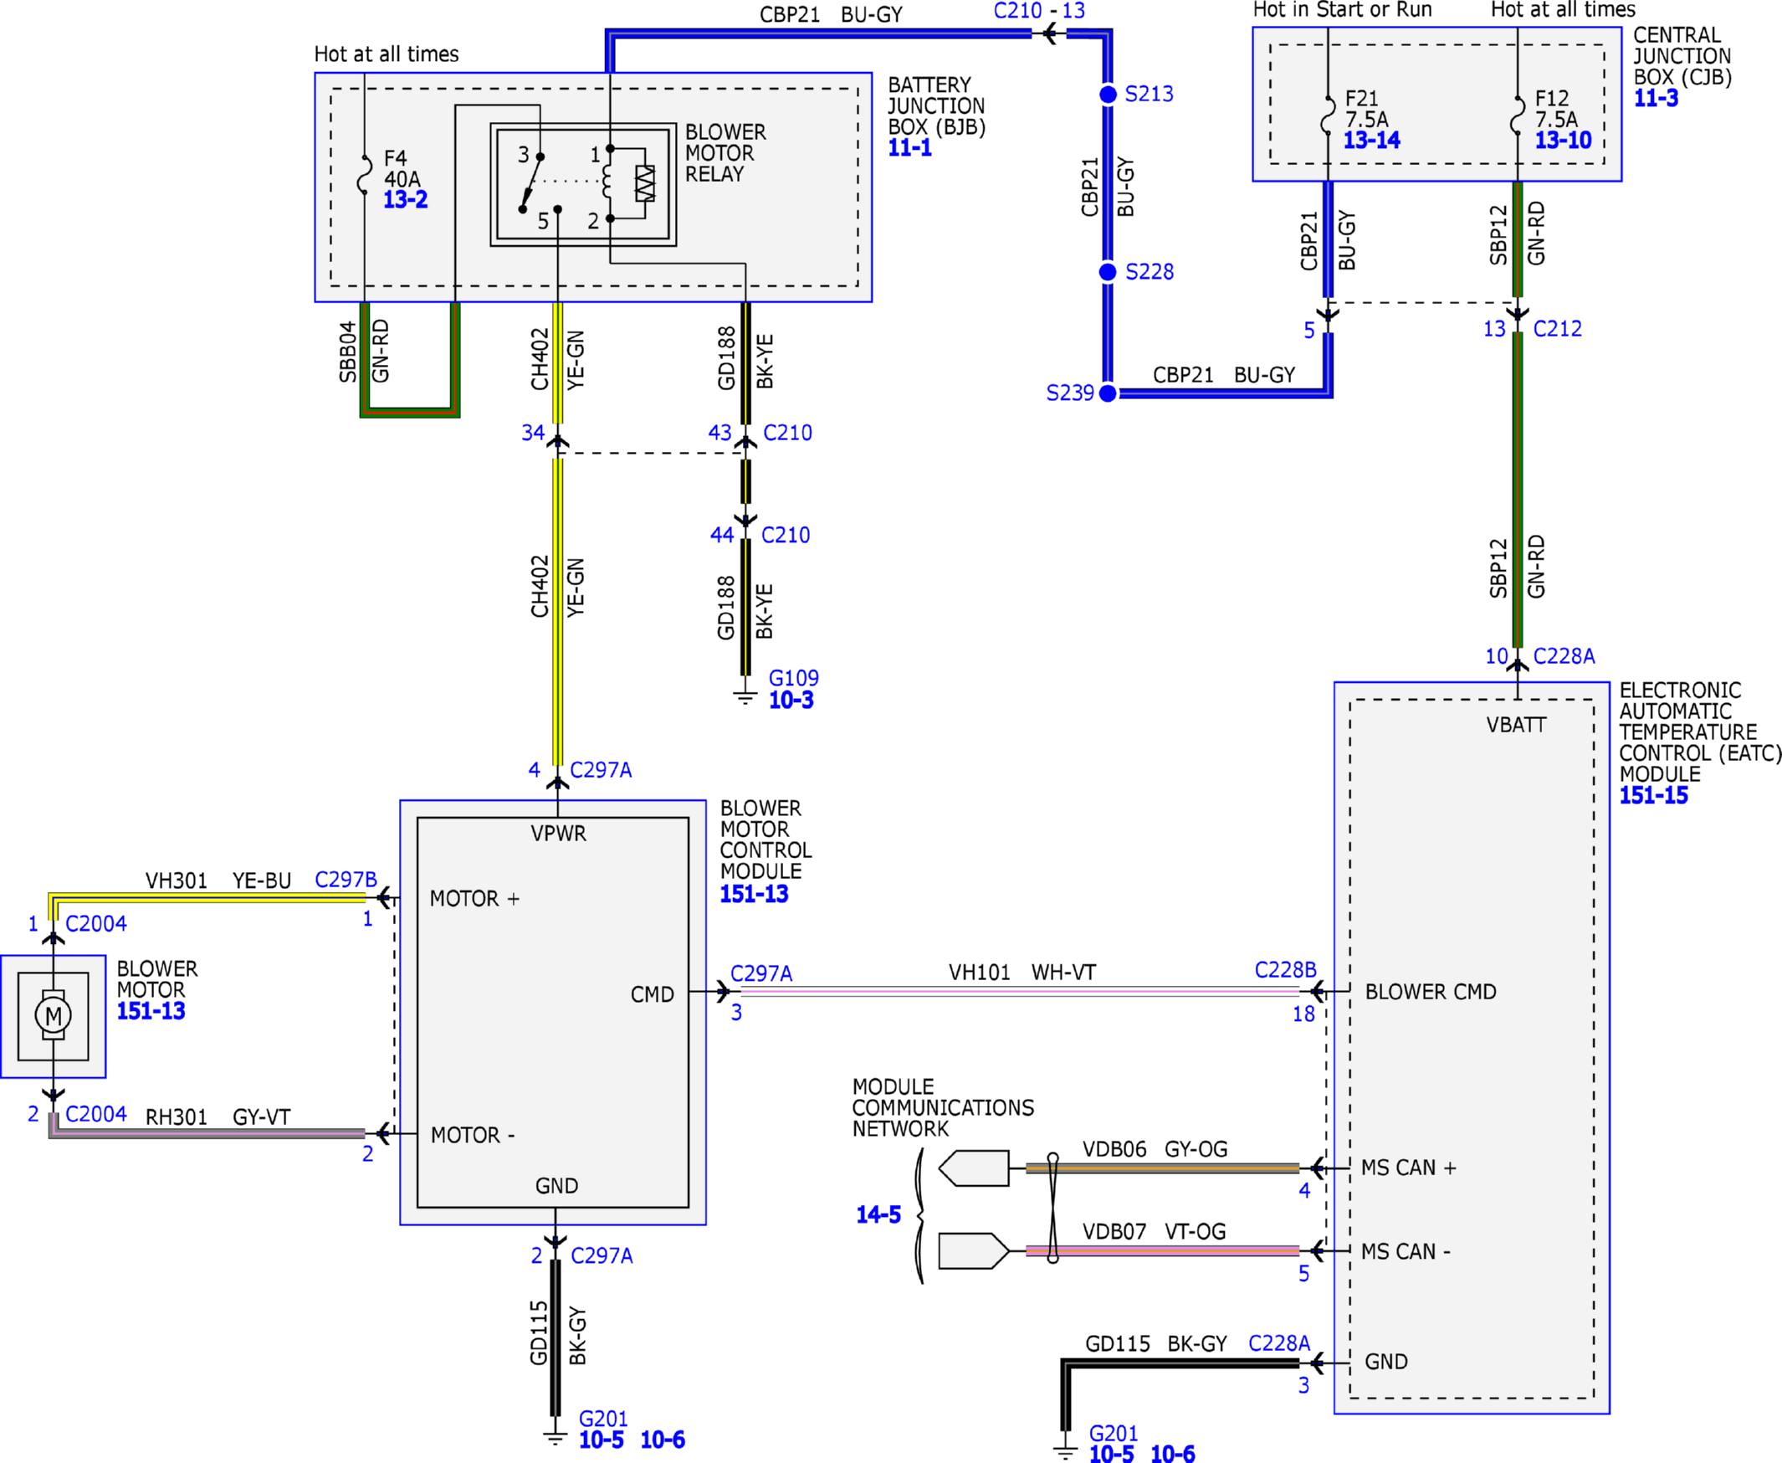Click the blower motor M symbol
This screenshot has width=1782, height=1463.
pos(53,1015)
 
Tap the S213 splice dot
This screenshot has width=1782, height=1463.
pos(1108,95)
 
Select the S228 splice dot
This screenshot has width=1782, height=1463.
pos(1108,271)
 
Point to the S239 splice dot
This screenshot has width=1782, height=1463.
pos(1108,393)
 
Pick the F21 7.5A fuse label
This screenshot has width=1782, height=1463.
pos(1365,109)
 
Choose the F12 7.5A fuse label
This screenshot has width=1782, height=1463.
pos(1555,109)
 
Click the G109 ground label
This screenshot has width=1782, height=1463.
pos(794,678)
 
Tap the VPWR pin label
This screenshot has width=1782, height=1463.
pos(558,834)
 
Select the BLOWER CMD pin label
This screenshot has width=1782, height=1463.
pos(1431,992)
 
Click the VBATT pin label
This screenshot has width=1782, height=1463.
pos(1517,725)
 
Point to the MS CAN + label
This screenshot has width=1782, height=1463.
pos(1409,1168)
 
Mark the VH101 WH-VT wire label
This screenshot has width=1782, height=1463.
pos(1022,973)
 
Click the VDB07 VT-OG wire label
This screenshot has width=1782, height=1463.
pos(1155,1231)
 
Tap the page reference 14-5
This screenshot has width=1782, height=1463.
pos(878,1214)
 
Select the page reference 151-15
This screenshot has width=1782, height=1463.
pos(1654,796)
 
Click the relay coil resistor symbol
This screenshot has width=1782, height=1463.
pos(644,182)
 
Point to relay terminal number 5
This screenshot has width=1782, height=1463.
pos(543,221)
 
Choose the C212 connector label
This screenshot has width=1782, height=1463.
pos(1558,329)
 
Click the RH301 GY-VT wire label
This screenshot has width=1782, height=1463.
pos(218,1116)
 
